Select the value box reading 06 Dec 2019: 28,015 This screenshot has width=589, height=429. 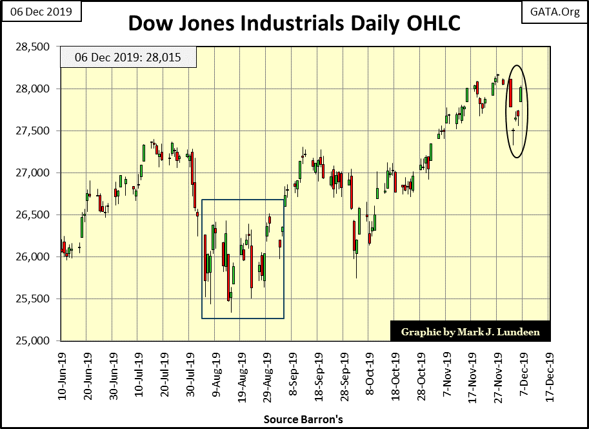119,58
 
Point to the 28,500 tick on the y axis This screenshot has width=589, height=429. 35,47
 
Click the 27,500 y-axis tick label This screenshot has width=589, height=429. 35,131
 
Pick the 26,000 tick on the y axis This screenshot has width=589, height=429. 35,257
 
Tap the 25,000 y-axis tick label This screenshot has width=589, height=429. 35,341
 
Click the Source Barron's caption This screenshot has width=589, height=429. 303,420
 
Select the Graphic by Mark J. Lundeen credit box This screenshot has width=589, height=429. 470,331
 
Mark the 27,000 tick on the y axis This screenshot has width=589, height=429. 35,173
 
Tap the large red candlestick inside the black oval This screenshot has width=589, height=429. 510,92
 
